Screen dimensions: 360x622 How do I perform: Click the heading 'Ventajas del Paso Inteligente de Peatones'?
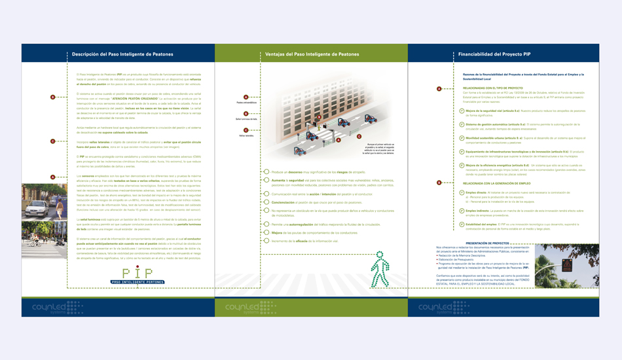[312, 54]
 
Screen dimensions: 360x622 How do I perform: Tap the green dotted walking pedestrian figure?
[380, 269]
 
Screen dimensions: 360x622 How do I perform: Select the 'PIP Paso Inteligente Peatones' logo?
[137, 276]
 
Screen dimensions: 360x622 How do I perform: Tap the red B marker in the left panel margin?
[53, 98]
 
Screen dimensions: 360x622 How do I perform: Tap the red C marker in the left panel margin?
[53, 141]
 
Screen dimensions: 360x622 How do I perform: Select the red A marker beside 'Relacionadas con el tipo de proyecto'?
[439, 89]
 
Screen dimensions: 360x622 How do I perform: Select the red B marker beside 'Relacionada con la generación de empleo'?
[439, 183]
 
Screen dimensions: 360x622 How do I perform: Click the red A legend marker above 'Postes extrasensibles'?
[246, 98]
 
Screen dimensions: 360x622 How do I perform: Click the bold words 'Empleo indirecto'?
[477, 211]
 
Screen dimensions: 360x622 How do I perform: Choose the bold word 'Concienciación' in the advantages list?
[283, 203]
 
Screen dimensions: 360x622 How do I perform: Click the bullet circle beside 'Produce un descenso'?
[266, 172]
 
